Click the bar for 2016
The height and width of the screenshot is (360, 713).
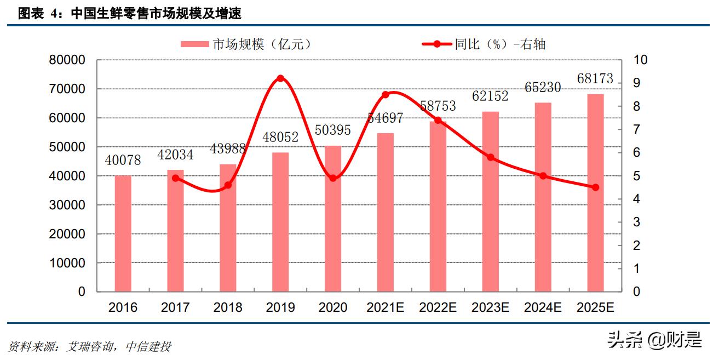[x=123, y=233]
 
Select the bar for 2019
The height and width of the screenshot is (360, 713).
[x=280, y=222]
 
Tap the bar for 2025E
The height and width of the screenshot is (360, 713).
[x=595, y=193]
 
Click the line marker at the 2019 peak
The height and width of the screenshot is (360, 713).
[x=280, y=78]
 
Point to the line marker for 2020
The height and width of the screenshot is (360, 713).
[x=333, y=178]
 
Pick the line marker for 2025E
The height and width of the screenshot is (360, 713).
[x=595, y=187]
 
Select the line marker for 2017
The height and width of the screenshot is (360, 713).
[x=175, y=178]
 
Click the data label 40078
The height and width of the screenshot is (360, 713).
[x=123, y=161]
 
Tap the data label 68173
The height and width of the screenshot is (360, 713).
[x=595, y=79]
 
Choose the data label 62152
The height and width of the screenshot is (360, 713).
[x=490, y=96]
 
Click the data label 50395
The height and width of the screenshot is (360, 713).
[x=332, y=130]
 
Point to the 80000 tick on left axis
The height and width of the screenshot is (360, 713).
[x=67, y=60]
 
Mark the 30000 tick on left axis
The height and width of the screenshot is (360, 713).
[x=67, y=205]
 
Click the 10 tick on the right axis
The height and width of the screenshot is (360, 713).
[x=640, y=60]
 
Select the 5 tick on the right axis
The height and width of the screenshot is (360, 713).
[x=637, y=176]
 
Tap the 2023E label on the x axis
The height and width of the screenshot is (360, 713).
[x=490, y=308]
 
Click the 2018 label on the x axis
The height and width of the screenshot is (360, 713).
[x=228, y=308]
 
